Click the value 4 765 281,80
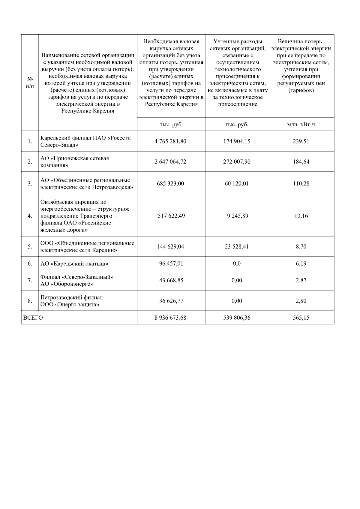pyautogui.click(x=170, y=141)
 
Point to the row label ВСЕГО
pyautogui.click(x=33, y=318)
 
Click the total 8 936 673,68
pyautogui.click(x=170, y=318)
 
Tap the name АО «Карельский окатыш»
pyautogui.click(x=74, y=264)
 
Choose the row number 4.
pyautogui.click(x=30, y=216)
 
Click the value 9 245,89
pyautogui.click(x=238, y=216)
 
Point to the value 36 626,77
pyautogui.click(x=171, y=301)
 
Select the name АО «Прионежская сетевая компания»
pyautogui.click(x=75, y=162)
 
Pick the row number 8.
pyautogui.click(x=30, y=301)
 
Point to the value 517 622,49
pyautogui.click(x=171, y=216)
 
